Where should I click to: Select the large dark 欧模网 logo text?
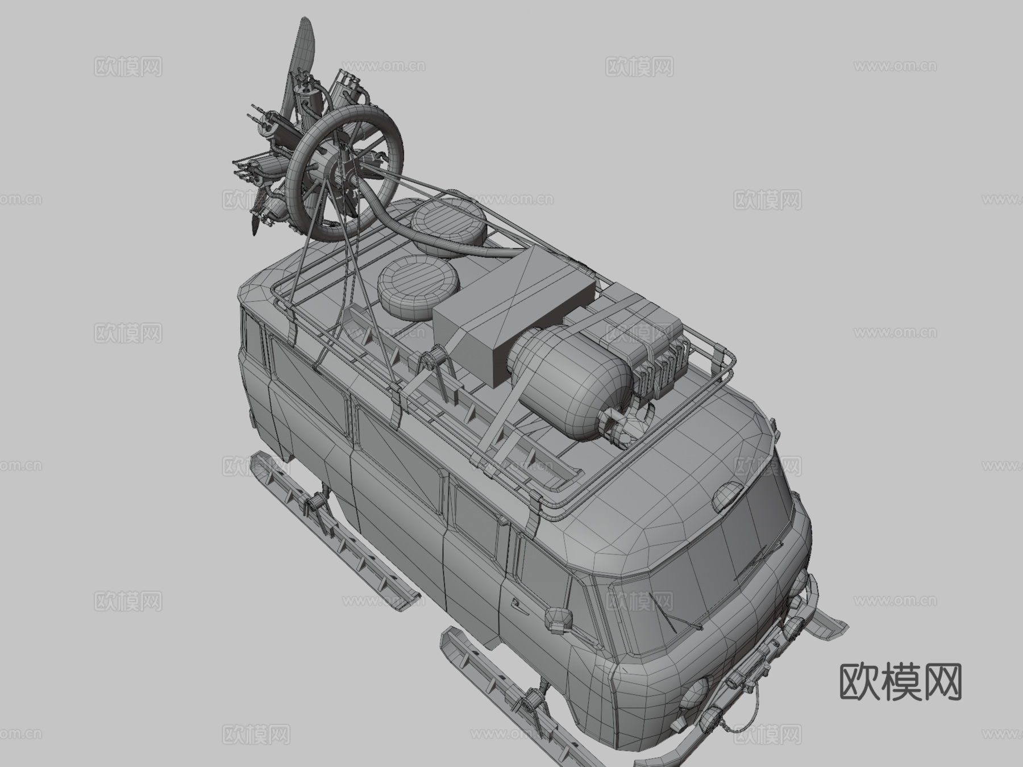coord(900,682)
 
